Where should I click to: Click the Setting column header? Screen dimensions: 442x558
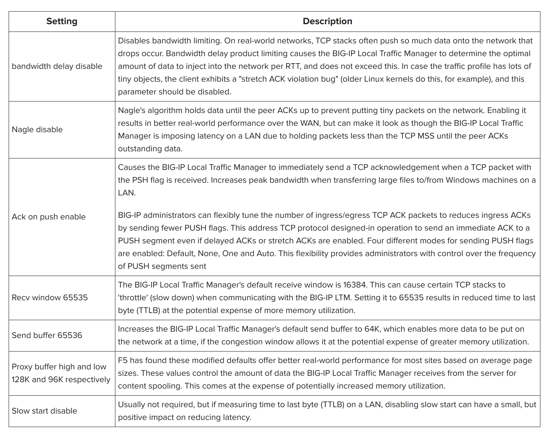point(62,21)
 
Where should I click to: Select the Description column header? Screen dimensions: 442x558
point(327,21)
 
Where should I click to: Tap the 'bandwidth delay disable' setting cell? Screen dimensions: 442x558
point(57,66)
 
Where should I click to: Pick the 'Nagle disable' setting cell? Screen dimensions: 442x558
point(37,130)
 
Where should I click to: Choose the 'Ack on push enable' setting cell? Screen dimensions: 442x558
point(49,217)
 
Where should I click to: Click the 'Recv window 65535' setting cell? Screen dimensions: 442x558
point(50,298)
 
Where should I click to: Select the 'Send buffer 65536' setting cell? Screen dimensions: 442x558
point(47,335)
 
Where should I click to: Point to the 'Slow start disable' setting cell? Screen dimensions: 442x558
point(44,411)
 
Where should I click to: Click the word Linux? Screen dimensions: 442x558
point(375,79)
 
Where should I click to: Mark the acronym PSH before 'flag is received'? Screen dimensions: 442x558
point(140,180)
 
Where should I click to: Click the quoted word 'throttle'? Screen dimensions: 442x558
point(133,298)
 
